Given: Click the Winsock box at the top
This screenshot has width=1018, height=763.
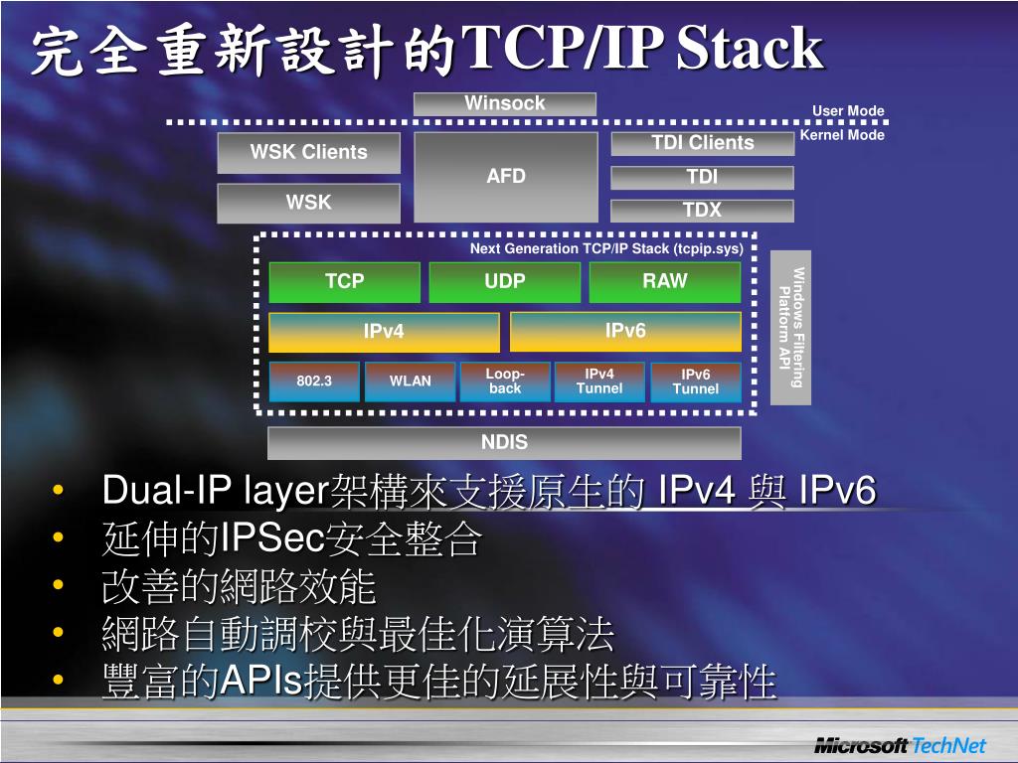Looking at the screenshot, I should click(x=505, y=103).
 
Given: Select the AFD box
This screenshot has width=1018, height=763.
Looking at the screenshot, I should click(x=505, y=177).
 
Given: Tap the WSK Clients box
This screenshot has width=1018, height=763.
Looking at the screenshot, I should click(x=309, y=152).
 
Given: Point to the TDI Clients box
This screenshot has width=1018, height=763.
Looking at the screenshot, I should click(x=702, y=143).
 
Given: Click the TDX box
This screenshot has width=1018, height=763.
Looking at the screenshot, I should click(x=702, y=210).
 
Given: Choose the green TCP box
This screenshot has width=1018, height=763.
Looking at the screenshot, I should click(x=344, y=282).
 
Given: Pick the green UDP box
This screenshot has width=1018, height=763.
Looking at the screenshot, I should click(x=505, y=282).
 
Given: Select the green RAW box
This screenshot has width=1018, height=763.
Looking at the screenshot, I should click(x=664, y=282).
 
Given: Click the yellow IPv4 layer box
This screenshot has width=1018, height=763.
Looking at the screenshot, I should click(x=384, y=332).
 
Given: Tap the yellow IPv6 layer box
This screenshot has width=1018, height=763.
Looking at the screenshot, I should click(x=625, y=331).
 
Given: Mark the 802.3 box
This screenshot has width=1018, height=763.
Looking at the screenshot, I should click(x=314, y=381).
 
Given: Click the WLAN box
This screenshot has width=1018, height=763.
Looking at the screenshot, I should click(x=410, y=381).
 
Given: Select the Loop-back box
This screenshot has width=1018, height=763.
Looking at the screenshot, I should click(x=505, y=381).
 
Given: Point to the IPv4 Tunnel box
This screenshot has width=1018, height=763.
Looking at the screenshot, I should click(x=599, y=381).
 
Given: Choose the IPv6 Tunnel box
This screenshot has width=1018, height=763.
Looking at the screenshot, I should click(x=695, y=381).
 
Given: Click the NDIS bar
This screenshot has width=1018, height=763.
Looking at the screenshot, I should click(x=505, y=443).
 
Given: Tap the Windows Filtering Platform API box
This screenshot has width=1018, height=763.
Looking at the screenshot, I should click(x=791, y=327).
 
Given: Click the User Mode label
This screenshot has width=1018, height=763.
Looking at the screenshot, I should click(x=848, y=111).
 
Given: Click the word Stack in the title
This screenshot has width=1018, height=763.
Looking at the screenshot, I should click(x=750, y=50).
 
